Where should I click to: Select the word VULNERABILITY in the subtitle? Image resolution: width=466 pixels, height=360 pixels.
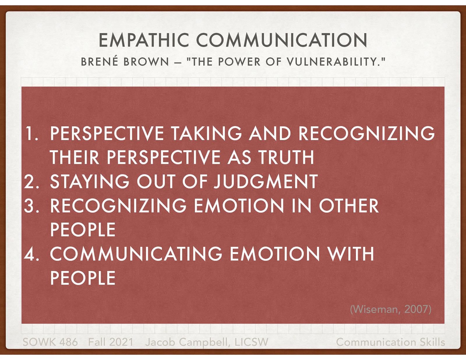pos(336,62)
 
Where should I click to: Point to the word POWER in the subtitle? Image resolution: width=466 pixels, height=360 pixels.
pos(239,62)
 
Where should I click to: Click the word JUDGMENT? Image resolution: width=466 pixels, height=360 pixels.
pos(266,182)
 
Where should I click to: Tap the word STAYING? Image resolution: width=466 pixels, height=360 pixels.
pos(90,182)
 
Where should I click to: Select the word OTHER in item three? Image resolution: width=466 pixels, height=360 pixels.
pos(349,206)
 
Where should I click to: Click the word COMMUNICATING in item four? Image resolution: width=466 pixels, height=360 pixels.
pos(136,254)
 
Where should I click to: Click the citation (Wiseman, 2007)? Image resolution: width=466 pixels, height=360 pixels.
pos(390,309)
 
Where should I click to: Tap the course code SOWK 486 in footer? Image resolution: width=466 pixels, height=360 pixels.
pos(50,342)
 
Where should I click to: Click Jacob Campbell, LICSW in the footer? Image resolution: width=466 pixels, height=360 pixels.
pos(206,342)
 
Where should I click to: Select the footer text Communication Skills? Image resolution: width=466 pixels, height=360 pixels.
pos(390,342)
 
